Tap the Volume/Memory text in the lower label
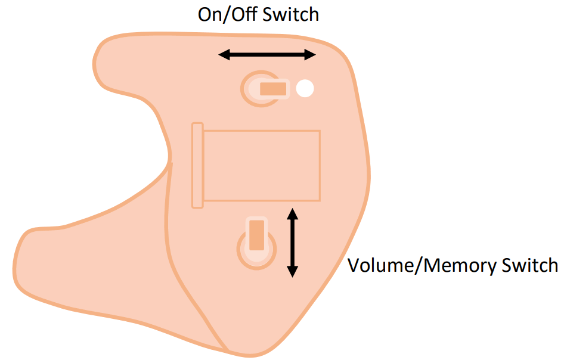point(420,265)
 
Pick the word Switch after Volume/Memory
point(528,265)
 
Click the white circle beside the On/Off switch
point(305,89)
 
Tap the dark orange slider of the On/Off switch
point(273,89)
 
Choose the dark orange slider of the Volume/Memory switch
point(256,234)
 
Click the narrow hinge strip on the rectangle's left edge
point(197,165)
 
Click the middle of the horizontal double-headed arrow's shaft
point(267,55)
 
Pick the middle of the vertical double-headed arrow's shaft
point(292,242)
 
